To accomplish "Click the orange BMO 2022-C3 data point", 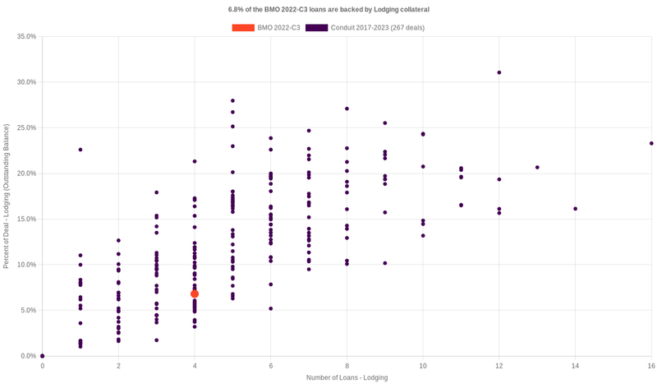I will pyautogui.click(x=195, y=294).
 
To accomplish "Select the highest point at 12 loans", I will pyautogui.click(x=499, y=72).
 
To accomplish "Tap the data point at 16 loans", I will pyautogui.click(x=651, y=143).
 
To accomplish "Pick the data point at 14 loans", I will pyautogui.click(x=575, y=209).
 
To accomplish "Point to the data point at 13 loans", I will pyautogui.click(x=537, y=168).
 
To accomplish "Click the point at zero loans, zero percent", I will pyautogui.click(x=43, y=356).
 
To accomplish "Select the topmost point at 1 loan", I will pyautogui.click(x=80, y=150).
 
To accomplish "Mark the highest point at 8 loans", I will pyautogui.click(x=347, y=109).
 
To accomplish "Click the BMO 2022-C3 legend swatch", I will pyautogui.click(x=243, y=28).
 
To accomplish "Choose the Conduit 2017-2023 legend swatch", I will pyautogui.click(x=316, y=28).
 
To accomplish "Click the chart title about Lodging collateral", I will pyautogui.click(x=328, y=9).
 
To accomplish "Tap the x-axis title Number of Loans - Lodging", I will pyautogui.click(x=347, y=377).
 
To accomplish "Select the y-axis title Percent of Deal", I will pyautogui.click(x=7, y=196).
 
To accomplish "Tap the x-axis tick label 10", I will pyautogui.click(x=423, y=365).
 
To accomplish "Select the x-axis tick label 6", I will pyautogui.click(x=271, y=365).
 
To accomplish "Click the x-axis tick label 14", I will pyautogui.click(x=575, y=365).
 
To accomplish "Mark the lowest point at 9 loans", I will pyautogui.click(x=385, y=263).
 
